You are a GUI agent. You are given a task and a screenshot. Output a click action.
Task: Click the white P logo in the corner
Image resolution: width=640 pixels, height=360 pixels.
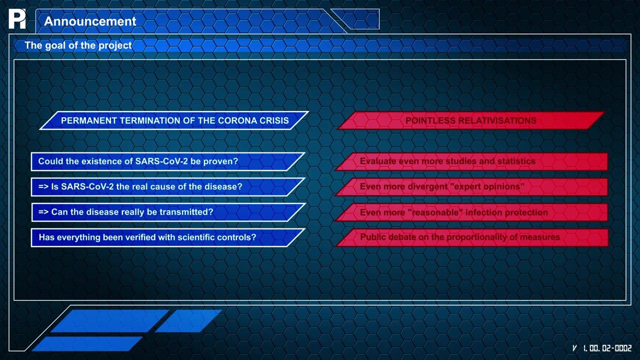[17, 19]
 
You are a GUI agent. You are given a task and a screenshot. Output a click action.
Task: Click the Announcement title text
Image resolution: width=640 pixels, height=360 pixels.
[90, 21]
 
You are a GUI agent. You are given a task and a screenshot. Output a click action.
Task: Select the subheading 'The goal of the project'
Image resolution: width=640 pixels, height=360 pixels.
[78, 45]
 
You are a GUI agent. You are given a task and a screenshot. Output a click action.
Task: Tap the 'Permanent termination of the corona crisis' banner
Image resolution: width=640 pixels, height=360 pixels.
[174, 120]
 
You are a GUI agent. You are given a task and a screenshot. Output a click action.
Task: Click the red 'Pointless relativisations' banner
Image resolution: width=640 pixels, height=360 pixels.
[471, 120]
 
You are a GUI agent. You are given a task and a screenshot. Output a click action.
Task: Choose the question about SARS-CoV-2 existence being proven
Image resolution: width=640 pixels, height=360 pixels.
[168, 161]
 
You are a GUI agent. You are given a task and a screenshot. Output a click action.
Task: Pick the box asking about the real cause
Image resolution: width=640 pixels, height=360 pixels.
[168, 187]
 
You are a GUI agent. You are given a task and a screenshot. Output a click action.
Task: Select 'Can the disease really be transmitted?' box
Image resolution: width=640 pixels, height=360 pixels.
[168, 212]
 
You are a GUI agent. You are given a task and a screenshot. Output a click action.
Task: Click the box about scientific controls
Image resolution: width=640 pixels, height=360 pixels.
[168, 237]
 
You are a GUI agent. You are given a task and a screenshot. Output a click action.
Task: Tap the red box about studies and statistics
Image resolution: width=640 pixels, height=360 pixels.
[471, 161]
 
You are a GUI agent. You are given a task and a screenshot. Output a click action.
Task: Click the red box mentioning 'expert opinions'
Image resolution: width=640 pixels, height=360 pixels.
[471, 187]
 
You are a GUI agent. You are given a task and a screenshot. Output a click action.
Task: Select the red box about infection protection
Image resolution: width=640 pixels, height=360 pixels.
[471, 212]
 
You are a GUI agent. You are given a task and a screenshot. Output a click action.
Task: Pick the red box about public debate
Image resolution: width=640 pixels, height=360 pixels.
[471, 237]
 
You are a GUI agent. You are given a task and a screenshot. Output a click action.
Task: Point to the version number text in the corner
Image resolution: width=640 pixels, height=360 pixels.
[602, 348]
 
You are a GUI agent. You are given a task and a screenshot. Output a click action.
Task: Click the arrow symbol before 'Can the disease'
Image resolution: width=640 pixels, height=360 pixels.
[43, 212]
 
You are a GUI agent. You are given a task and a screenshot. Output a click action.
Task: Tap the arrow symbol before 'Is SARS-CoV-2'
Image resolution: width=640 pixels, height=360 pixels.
[43, 187]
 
